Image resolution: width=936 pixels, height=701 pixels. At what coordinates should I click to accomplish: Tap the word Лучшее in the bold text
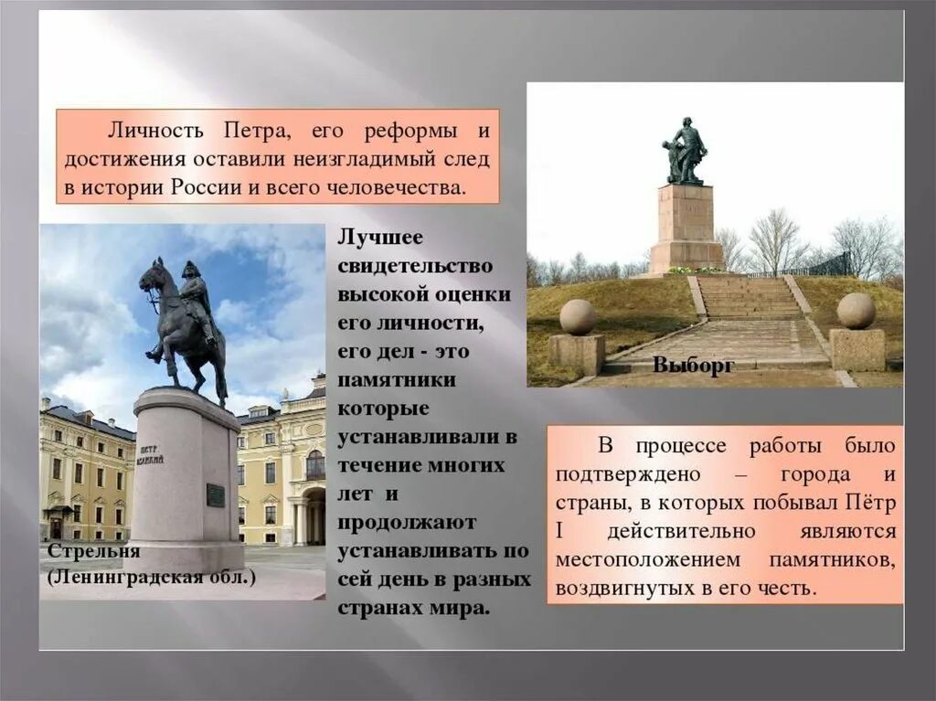click(381, 237)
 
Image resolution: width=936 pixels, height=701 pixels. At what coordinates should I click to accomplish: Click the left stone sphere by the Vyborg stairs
click(577, 316)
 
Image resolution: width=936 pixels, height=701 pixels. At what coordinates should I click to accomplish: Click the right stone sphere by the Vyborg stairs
click(856, 311)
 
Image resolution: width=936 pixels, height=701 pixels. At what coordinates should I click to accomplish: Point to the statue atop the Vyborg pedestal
click(686, 151)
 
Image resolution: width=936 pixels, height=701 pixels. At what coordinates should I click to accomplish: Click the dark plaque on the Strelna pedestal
click(216, 494)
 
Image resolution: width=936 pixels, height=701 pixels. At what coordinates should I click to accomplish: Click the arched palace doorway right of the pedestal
click(314, 516)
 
